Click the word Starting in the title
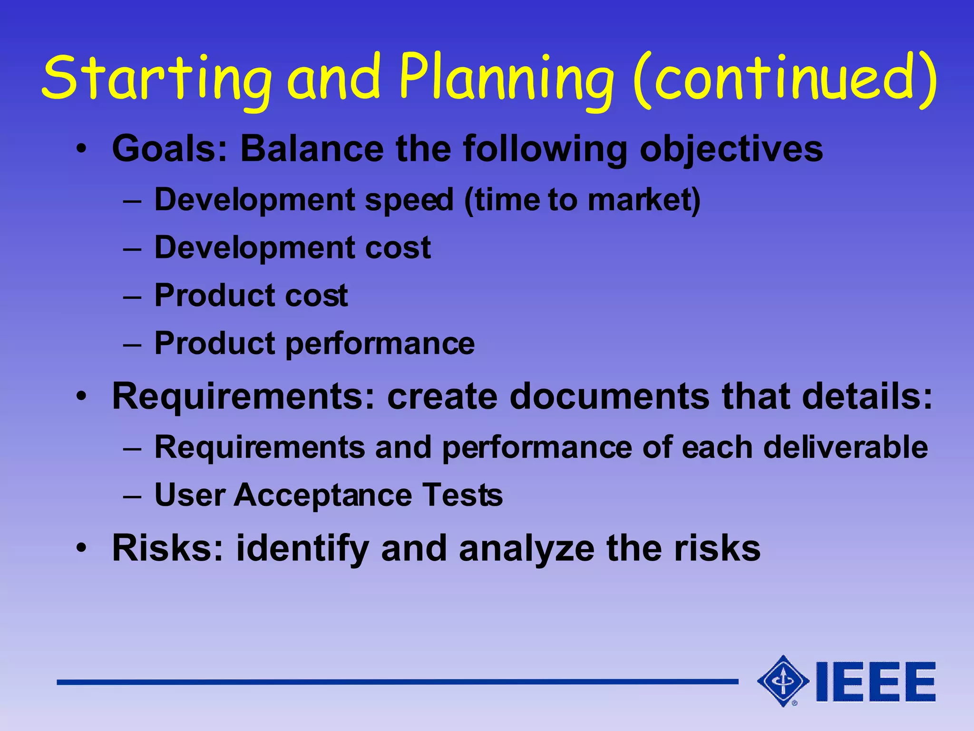[x=157, y=79]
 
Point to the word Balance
[x=312, y=149]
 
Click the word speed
[x=409, y=200]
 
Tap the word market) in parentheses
[x=644, y=200]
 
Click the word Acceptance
[x=323, y=495]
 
